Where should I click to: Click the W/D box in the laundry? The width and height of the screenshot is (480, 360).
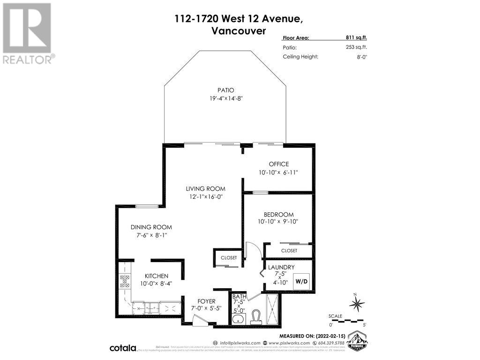pyautogui.click(x=300, y=282)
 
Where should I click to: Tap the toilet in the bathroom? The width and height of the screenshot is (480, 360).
pyautogui.click(x=256, y=317)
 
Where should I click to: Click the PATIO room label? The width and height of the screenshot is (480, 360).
pyautogui.click(x=226, y=90)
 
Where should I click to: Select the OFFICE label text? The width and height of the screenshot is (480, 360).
pyautogui.click(x=278, y=164)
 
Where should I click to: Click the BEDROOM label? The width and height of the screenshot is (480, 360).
pyautogui.click(x=278, y=214)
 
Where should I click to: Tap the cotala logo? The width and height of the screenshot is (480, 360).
pyautogui.click(x=123, y=348)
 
